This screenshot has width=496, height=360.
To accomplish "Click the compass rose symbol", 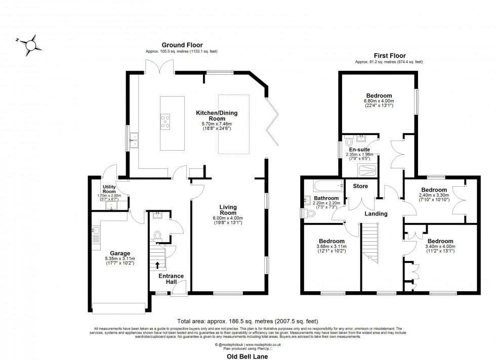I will coord(30,44).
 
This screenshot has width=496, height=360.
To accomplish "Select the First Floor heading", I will coord(389,56).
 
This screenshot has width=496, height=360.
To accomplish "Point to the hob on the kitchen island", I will coord(166,120).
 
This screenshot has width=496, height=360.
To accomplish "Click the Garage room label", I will coord(120,253).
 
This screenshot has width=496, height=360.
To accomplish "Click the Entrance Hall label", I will coord(171,279).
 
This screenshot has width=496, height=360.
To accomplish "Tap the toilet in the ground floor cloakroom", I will coord(157,235).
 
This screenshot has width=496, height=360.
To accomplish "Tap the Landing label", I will coord(376,214).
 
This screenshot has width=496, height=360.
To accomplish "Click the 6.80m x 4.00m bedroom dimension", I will coord(379,102).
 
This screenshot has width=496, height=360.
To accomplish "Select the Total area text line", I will coord(248,321).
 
